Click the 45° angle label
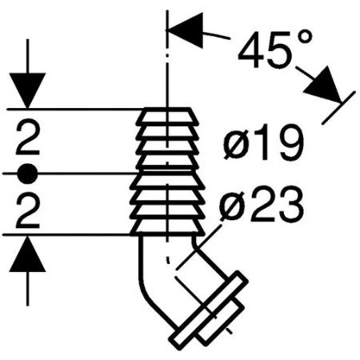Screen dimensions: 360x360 coord(274,50)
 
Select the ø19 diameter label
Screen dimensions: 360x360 coord(263,142)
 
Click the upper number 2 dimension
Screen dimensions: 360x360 coord(27,138)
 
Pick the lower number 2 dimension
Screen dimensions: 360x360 coord(27,212)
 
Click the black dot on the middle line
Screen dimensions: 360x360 coord(27,174)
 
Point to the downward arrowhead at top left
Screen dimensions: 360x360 coord(27,90)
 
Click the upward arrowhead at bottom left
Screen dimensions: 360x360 coord(27,254)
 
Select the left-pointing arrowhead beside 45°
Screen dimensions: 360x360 coord(185,30)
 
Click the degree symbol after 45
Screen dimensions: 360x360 coord(304,38)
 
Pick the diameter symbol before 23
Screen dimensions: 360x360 coord(231,206)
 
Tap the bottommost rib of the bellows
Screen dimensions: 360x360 coord(167,227)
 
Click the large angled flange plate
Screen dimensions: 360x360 coord(209,309)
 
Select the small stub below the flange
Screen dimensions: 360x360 coord(221,322)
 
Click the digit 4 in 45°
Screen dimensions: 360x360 coord(250,50)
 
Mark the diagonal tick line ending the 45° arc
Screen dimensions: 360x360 coord(338,107)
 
